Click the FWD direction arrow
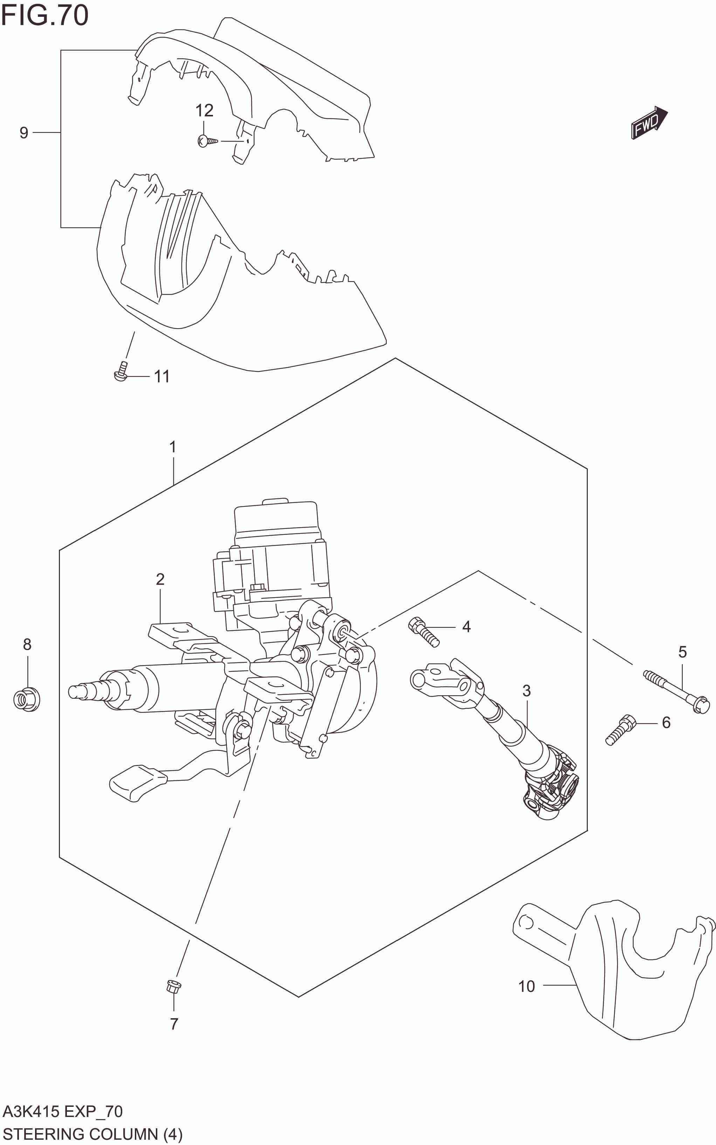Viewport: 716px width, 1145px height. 649,122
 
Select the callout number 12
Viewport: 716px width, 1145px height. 204,110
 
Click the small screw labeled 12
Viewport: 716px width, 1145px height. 207,141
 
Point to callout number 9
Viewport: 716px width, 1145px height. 24,133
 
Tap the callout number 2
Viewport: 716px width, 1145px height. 160,579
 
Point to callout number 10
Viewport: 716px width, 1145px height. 526,986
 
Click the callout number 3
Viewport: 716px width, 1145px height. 526,690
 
